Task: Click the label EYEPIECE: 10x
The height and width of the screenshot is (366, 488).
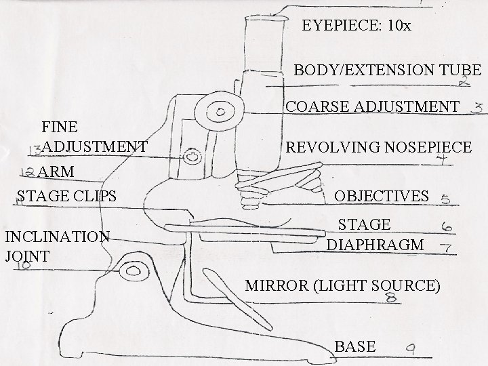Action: (356, 26)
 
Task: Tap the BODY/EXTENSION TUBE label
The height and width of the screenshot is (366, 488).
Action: (387, 70)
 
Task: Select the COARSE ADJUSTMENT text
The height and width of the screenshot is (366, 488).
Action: (372, 106)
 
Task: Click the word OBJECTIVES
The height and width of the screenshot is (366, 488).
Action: (382, 197)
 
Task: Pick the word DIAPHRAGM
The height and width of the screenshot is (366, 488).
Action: (375, 245)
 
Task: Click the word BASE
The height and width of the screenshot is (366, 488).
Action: (355, 346)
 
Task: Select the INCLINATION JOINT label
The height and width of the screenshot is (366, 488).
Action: (56, 246)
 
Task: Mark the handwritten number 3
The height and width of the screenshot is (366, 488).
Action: (479, 108)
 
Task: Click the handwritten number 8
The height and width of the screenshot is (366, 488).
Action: (391, 298)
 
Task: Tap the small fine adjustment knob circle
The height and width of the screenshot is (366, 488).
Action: (193, 157)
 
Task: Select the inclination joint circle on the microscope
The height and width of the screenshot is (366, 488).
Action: (131, 272)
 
